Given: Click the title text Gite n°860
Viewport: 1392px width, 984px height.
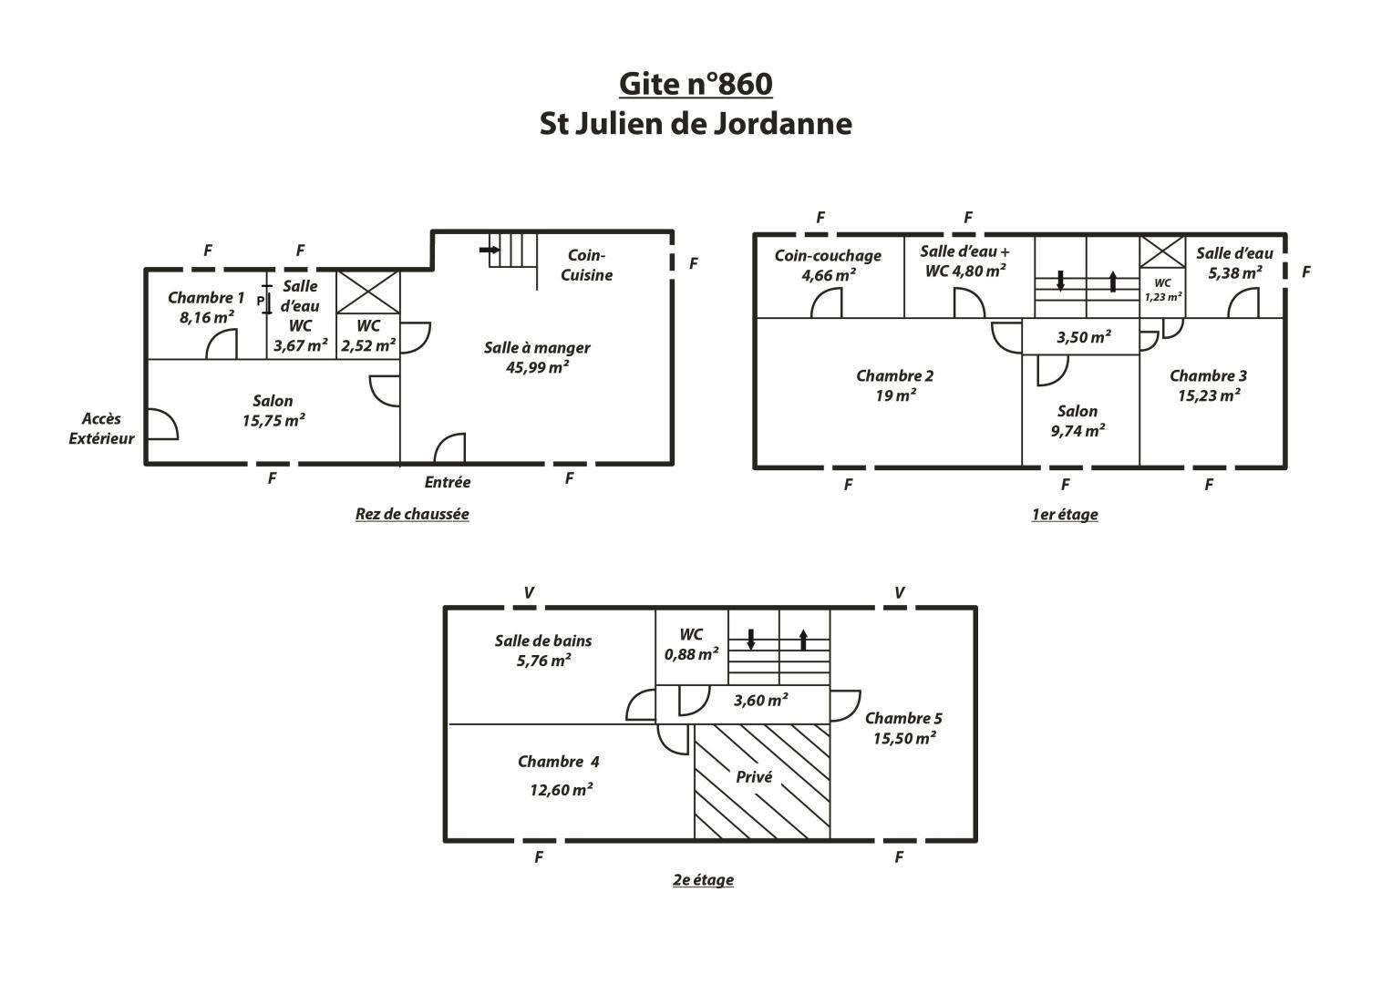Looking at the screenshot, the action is pyautogui.click(x=696, y=85).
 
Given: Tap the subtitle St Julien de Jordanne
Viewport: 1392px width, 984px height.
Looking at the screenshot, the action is pyautogui.click(x=696, y=124).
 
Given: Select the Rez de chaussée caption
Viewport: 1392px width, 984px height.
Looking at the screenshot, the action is pyautogui.click(x=412, y=515).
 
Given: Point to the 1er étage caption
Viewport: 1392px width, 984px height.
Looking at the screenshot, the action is pyautogui.click(x=1065, y=515).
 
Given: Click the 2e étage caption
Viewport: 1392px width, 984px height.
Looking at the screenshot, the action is pyautogui.click(x=703, y=880).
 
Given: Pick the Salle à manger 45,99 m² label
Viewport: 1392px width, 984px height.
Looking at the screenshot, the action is pyautogui.click(x=537, y=357).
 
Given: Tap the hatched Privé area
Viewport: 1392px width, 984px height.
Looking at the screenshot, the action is pyautogui.click(x=762, y=782).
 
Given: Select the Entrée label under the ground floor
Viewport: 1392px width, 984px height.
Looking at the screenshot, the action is pyautogui.click(x=448, y=482).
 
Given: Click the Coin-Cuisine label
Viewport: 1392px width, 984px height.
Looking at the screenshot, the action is pyautogui.click(x=586, y=265).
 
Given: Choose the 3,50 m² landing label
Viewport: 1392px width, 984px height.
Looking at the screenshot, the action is pyautogui.click(x=1084, y=337).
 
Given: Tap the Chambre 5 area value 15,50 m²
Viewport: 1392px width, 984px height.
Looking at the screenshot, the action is pyautogui.click(x=904, y=738).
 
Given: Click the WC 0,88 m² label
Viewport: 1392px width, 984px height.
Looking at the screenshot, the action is pyautogui.click(x=691, y=644).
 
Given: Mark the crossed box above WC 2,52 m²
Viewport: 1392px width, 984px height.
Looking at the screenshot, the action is pyautogui.click(x=368, y=292).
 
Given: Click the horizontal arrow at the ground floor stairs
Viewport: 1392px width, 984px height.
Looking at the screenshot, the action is pyautogui.click(x=490, y=250).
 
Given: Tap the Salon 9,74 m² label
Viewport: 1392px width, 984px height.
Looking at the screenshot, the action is pyautogui.click(x=1078, y=421).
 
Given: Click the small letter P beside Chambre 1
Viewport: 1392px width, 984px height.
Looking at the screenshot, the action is pyautogui.click(x=261, y=300).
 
